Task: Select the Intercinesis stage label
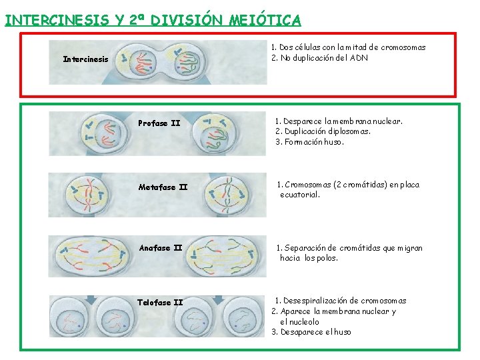(85, 59)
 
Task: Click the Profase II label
(159, 123)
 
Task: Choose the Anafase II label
(160, 248)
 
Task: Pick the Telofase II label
(160, 303)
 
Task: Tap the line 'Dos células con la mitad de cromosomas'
(352, 47)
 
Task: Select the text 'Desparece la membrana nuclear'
(343, 121)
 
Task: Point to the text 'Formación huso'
(314, 141)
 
